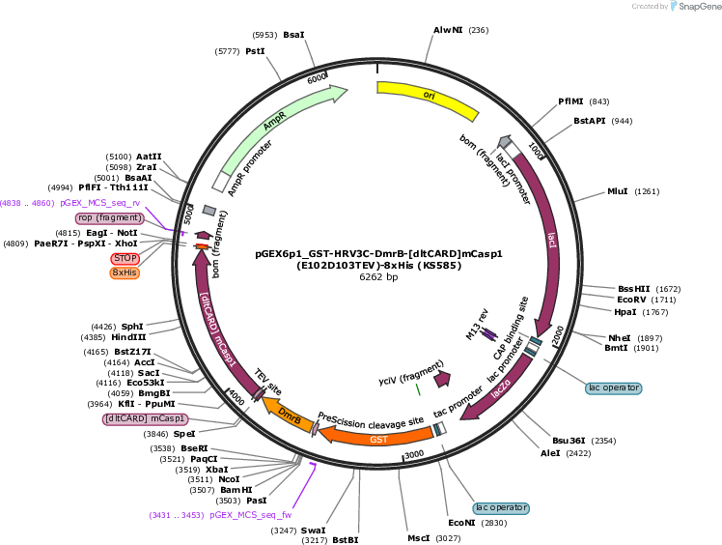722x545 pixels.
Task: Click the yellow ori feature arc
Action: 429,96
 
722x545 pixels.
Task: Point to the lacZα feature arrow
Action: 501,388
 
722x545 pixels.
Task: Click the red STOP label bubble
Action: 125,258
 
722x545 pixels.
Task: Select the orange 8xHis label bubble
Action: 125,272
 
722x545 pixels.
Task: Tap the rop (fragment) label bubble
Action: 109,217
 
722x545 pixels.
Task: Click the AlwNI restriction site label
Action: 448,30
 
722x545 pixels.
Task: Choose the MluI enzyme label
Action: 618,191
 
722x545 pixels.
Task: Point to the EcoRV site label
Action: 631,300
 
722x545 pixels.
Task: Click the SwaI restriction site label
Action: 313,531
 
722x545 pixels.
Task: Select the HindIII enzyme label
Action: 128,337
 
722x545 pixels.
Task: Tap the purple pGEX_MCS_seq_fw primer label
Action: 251,515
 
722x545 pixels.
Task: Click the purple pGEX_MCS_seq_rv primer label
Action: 100,203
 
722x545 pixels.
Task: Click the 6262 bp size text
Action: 378,277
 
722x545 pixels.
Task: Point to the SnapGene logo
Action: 695,6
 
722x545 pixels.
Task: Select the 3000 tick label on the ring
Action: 413,454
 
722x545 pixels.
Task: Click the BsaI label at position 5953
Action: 293,35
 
